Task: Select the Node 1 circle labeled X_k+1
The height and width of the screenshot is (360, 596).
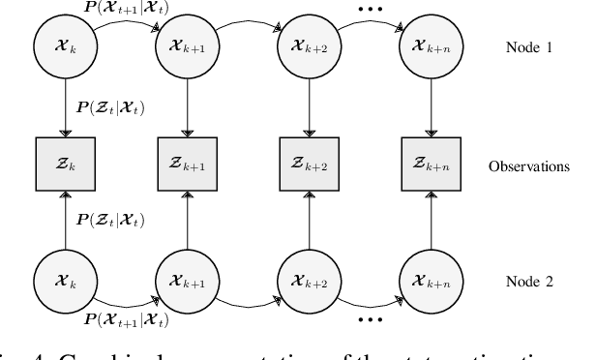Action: [183, 45]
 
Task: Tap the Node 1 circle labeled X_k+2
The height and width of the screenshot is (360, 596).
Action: [307, 45]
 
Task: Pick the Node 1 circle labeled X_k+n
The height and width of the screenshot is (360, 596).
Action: [430, 45]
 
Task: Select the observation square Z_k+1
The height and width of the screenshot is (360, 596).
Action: [183, 165]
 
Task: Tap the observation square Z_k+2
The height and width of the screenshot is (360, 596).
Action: [307, 165]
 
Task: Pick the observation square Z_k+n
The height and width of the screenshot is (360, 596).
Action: [430, 165]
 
